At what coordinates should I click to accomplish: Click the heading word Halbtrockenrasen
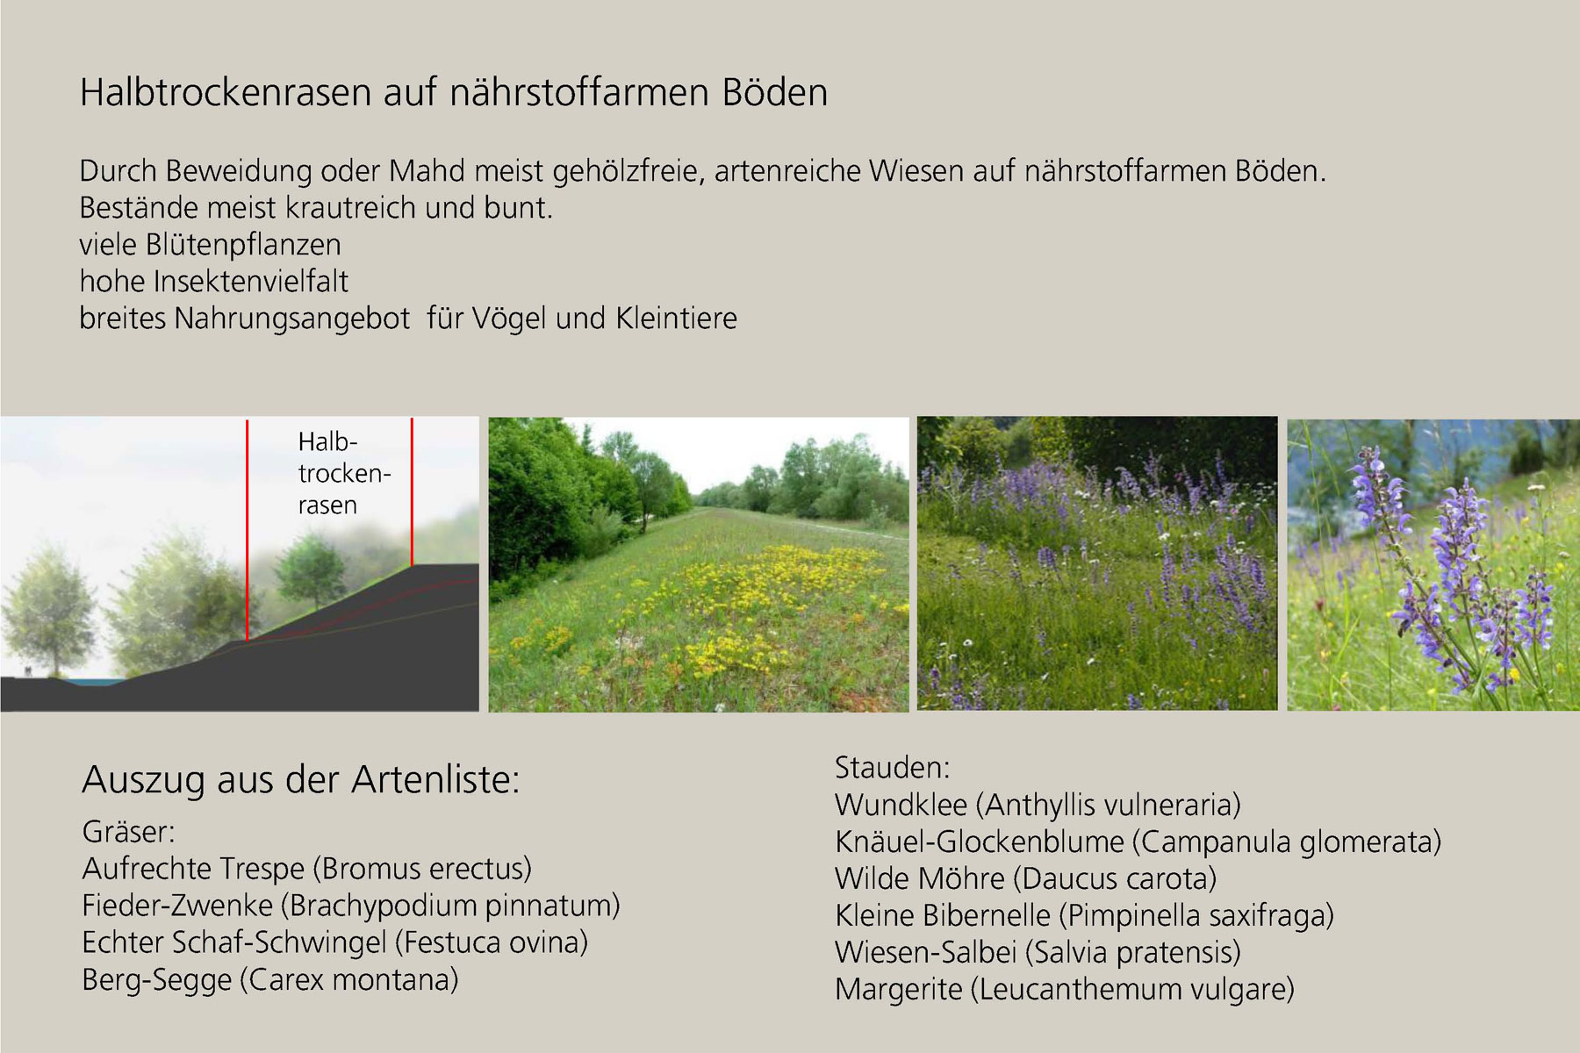(226, 92)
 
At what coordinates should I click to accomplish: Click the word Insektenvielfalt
(250, 281)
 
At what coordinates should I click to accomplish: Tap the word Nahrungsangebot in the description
(292, 319)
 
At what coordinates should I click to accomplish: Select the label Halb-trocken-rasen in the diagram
(343, 473)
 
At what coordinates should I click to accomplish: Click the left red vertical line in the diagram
(248, 530)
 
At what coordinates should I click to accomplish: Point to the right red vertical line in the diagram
(412, 492)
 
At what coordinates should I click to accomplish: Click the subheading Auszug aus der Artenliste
(301, 779)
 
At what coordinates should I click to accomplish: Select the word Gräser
(128, 832)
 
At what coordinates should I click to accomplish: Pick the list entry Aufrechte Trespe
(193, 869)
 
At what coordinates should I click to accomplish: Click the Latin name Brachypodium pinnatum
(455, 906)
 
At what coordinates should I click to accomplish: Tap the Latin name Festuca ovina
(492, 942)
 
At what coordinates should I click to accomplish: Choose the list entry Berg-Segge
(157, 979)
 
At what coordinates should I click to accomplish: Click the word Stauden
(892, 768)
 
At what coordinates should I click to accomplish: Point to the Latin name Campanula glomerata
(1287, 842)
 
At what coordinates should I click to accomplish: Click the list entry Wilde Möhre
(920, 878)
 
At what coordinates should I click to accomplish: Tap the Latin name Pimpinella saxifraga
(1197, 916)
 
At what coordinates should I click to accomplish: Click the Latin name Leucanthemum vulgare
(1132, 990)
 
